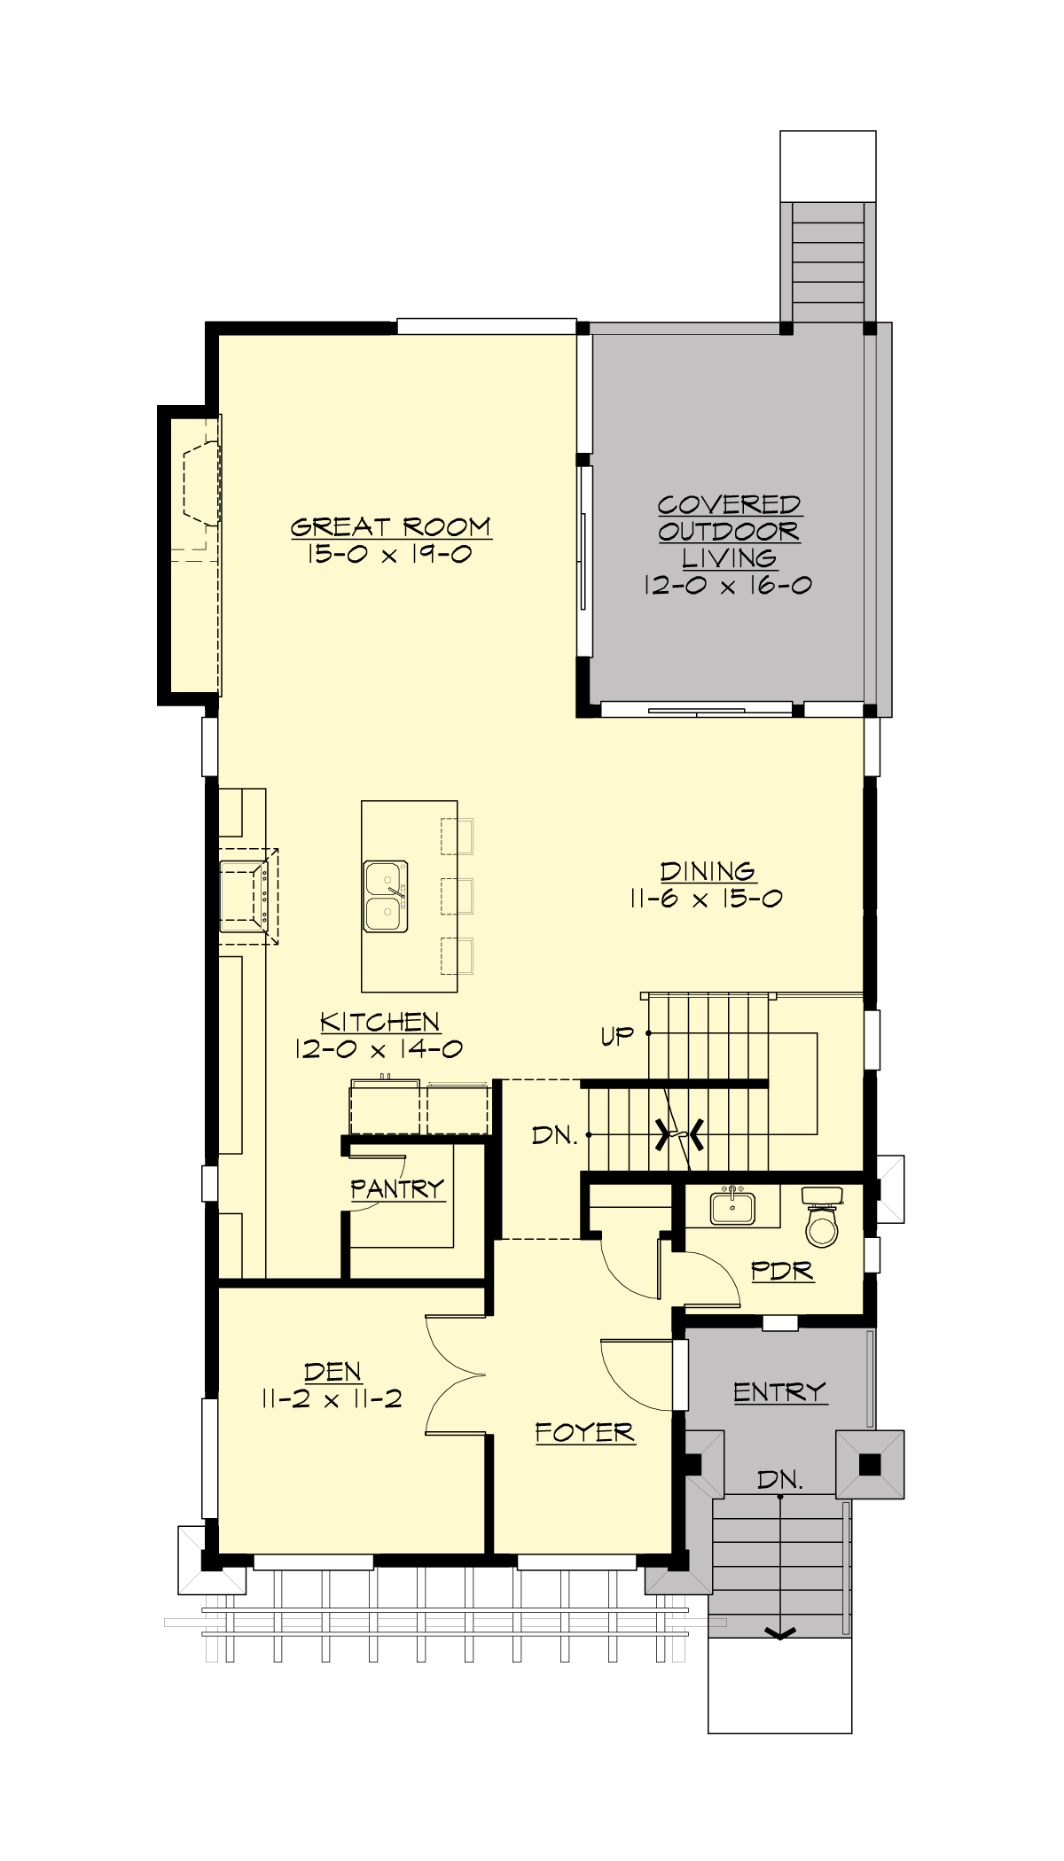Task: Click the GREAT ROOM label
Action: pos(390,526)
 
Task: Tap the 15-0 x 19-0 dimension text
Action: pos(390,555)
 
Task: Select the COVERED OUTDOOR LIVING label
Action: pos(729,531)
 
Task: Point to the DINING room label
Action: pos(708,871)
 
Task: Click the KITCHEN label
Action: pos(379,1022)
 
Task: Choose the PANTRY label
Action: pos(396,1188)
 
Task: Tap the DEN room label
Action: pos(332,1372)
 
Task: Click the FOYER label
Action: pos(585,1432)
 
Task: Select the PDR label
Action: pos(782,1271)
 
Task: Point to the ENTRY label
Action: pos(779,1392)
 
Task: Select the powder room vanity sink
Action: pos(732,1206)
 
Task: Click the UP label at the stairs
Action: pos(617,1035)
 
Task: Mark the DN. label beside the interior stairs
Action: pos(555,1135)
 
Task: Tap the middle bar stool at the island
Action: pos(457,896)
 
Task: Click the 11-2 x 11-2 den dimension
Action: pos(332,1399)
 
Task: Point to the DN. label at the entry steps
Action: pos(780,1479)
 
